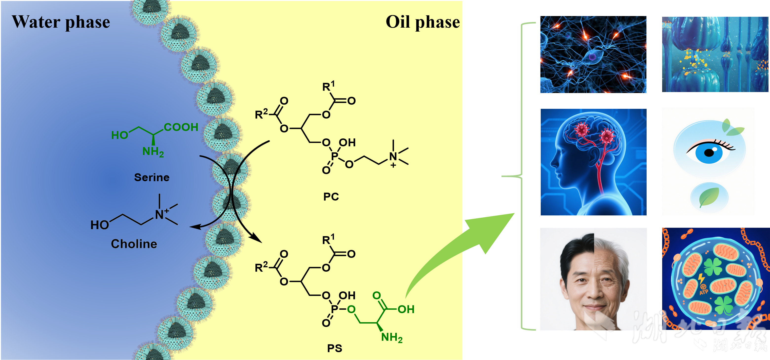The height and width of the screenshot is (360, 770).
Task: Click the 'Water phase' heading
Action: click(x=61, y=22)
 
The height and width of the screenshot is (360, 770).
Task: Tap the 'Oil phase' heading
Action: click(x=423, y=22)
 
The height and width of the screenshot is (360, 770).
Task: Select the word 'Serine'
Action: click(x=152, y=177)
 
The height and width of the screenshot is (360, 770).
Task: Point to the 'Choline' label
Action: click(x=134, y=244)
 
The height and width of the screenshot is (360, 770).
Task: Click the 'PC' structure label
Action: click(x=331, y=197)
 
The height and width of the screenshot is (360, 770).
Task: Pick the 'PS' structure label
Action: click(x=334, y=348)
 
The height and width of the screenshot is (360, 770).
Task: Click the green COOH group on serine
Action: click(x=181, y=127)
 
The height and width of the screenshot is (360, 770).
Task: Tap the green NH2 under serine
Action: click(x=153, y=152)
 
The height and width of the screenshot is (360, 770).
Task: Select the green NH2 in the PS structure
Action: click(x=392, y=338)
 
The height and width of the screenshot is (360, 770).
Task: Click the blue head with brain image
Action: click(x=593, y=162)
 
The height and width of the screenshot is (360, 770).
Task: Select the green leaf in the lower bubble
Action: click(x=709, y=197)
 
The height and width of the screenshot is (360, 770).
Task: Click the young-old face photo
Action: click(x=593, y=279)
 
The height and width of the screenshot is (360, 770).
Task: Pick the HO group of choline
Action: click(x=99, y=225)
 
